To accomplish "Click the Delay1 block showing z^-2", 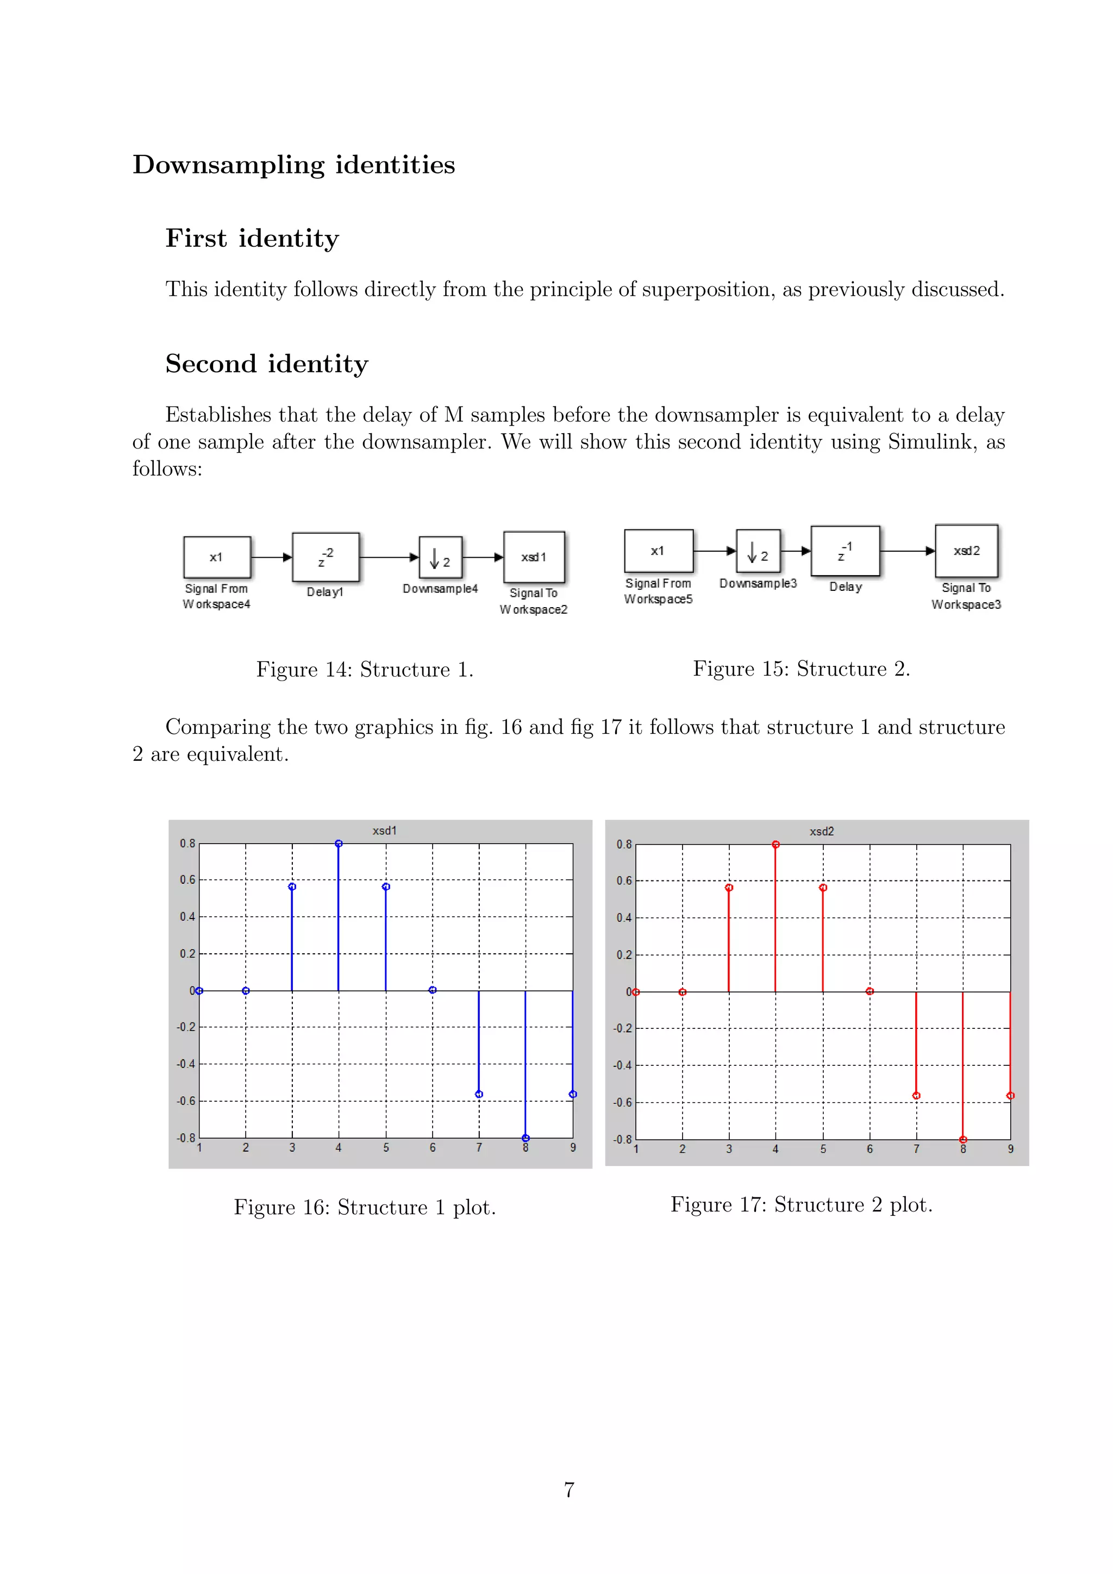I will coord(326,557).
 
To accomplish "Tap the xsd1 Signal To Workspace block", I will coord(534,557).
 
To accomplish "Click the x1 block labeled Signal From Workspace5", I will coord(659,551).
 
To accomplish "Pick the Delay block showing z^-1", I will coord(845,551).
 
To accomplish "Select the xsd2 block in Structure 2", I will coord(966,551).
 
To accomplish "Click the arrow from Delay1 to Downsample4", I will coord(389,557).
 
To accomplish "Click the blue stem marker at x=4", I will coord(339,844).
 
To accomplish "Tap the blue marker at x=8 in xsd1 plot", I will coord(526,1138).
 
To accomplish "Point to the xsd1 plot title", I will coord(384,830).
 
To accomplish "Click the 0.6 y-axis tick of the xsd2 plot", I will coord(624,881).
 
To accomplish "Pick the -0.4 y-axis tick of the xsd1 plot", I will coord(186,1064).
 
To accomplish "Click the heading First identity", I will coord(252,239).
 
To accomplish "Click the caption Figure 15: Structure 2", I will coord(801,669).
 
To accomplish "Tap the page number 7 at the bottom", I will coord(569,1490).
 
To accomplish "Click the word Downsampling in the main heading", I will coord(228,165).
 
